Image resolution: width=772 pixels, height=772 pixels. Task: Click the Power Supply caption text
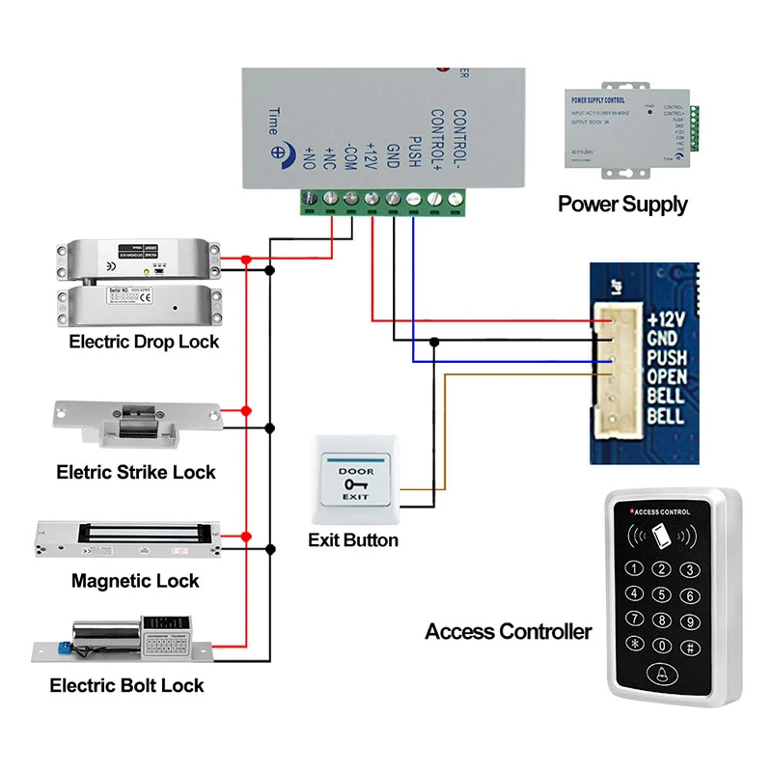pyautogui.click(x=622, y=204)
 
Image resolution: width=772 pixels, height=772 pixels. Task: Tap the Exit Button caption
pyautogui.click(x=353, y=539)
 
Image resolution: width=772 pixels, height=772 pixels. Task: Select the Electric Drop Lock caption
pyautogui.click(x=144, y=342)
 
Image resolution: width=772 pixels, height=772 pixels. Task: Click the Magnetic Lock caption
pyautogui.click(x=135, y=581)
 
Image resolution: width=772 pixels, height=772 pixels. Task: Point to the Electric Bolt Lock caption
pyautogui.click(x=127, y=685)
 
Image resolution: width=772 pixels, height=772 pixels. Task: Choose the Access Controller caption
pyautogui.click(x=508, y=632)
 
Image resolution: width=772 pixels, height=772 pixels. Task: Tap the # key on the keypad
pyautogui.click(x=690, y=646)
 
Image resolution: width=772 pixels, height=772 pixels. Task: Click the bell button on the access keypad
pyautogui.click(x=662, y=677)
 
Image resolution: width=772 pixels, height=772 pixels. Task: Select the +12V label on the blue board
pyautogui.click(x=666, y=318)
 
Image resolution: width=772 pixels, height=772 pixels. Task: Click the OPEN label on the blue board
pyautogui.click(x=666, y=376)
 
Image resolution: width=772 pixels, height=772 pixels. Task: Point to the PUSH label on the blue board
pyautogui.click(x=666, y=357)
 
